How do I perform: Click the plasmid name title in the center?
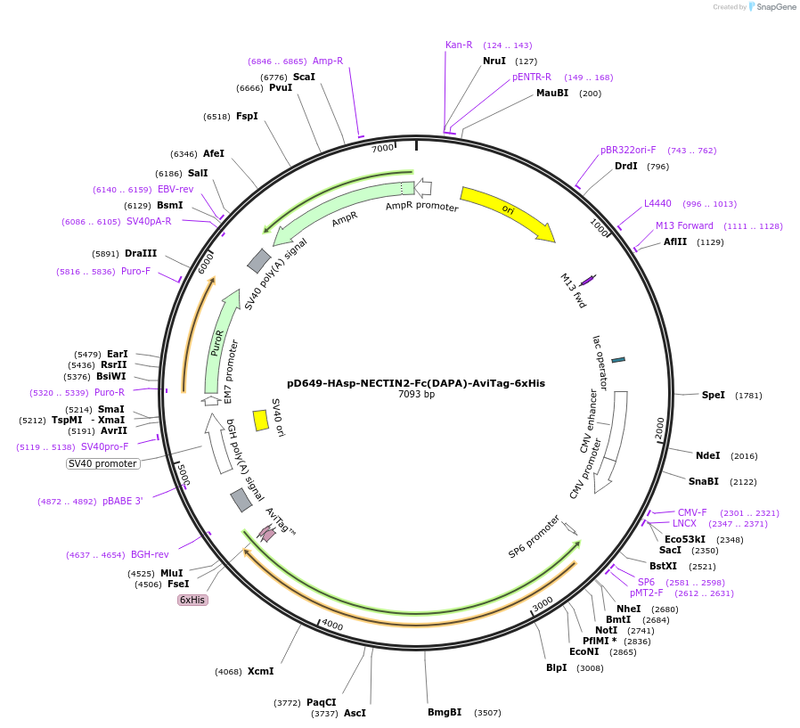(x=416, y=383)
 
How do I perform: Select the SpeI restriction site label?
(x=714, y=395)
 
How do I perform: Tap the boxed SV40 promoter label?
(x=103, y=463)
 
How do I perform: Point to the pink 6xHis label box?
(x=192, y=600)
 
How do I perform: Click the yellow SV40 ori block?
(x=261, y=420)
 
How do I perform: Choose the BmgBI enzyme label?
(x=445, y=712)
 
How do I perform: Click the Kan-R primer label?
(x=459, y=45)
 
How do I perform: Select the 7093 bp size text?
(x=416, y=394)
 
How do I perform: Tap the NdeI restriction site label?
(x=707, y=455)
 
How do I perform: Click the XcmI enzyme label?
(x=260, y=671)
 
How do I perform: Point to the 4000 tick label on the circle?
(x=331, y=625)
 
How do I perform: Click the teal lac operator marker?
(x=618, y=359)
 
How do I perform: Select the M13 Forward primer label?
(x=684, y=225)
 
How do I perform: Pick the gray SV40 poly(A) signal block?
(x=259, y=260)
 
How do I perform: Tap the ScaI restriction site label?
(x=304, y=77)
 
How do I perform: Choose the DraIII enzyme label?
(x=141, y=253)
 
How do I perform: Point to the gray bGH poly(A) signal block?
(x=241, y=500)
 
